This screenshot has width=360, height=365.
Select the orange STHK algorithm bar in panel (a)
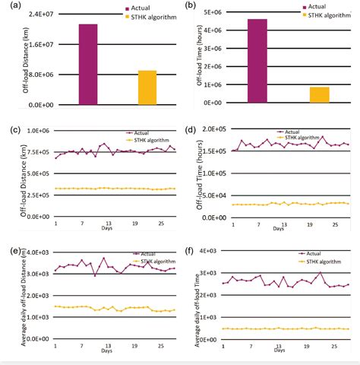click(x=147, y=87)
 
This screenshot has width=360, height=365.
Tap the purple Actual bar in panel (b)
click(x=257, y=62)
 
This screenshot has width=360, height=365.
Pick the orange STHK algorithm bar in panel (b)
click(x=320, y=95)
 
